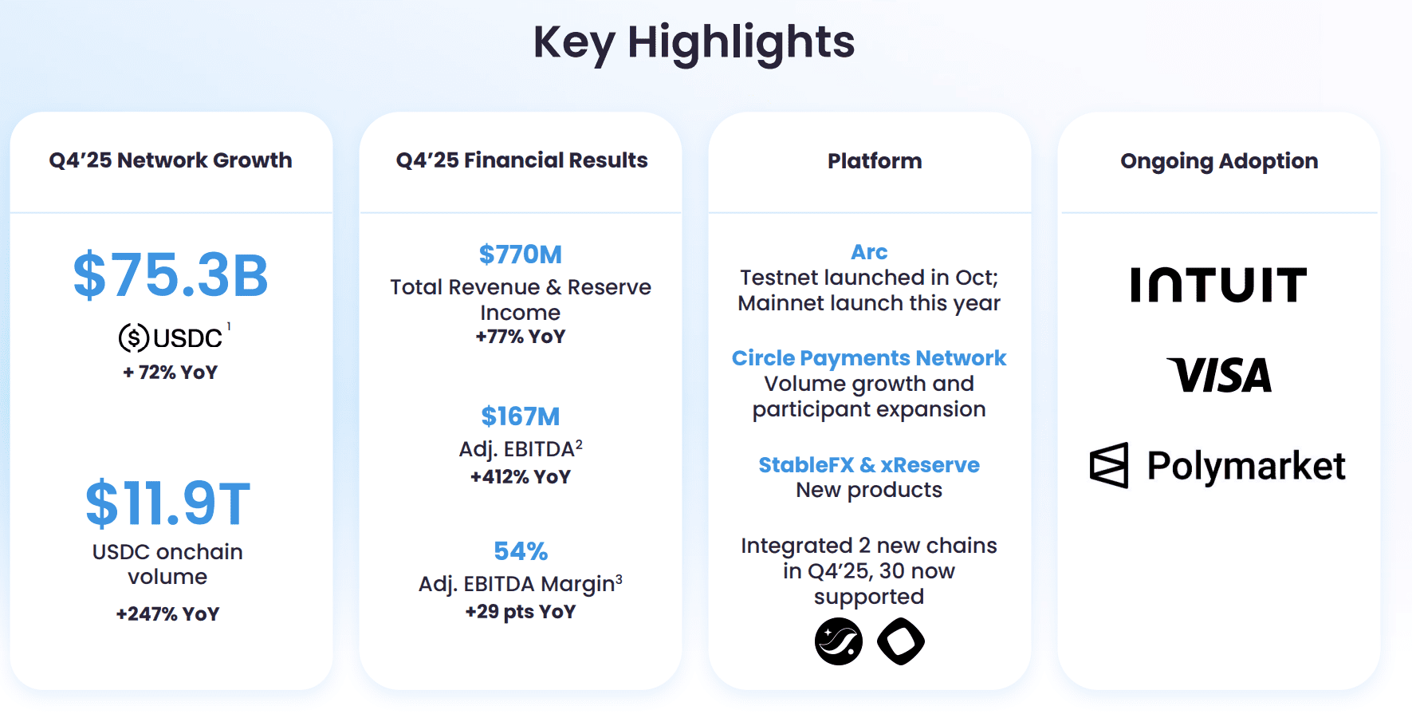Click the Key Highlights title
click(694, 42)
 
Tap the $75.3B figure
click(171, 275)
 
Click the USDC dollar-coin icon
click(134, 338)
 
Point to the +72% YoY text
click(170, 373)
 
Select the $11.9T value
click(167, 503)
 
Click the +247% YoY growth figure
click(167, 613)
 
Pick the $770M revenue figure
click(520, 254)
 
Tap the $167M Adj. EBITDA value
click(520, 416)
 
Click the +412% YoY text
click(520, 477)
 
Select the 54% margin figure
click(520, 551)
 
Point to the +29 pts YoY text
click(520, 612)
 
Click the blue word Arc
click(869, 252)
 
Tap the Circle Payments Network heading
click(869, 358)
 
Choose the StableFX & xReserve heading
click(869, 465)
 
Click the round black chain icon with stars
click(839, 641)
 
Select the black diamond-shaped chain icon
click(901, 641)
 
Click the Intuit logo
click(1218, 285)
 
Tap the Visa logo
click(1218, 375)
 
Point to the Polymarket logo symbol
click(1109, 465)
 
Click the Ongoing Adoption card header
click(1218, 161)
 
